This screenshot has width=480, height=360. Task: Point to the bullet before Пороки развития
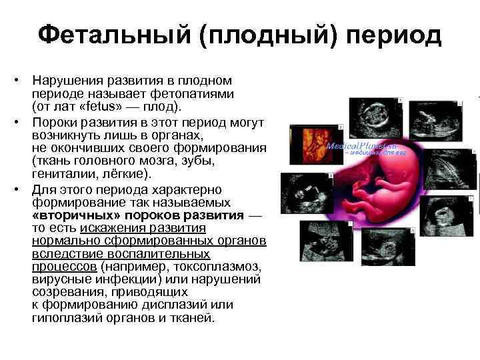coord(22,123)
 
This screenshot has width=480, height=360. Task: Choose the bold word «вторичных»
coord(66,215)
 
